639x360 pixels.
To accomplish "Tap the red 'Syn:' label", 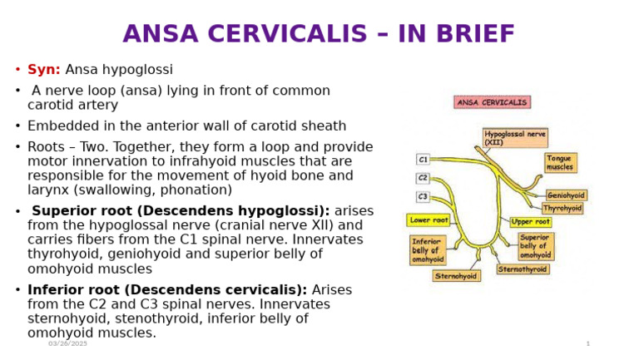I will [x=44, y=70].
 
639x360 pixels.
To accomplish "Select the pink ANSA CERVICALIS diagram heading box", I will [x=492, y=102].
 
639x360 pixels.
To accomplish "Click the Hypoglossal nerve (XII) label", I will [x=515, y=137].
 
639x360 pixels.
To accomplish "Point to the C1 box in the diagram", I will [x=423, y=159].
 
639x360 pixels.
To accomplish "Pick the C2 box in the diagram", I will [x=423, y=178].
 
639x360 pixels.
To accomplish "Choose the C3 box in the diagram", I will [x=423, y=197].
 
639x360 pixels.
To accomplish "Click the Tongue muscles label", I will [x=560, y=163].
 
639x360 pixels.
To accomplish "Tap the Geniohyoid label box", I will [x=566, y=195].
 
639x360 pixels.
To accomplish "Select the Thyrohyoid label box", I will [x=562, y=208].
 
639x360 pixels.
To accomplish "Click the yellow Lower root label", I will [x=428, y=220].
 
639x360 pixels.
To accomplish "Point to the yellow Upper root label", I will [x=530, y=222].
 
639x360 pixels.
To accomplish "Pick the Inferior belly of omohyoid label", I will [x=428, y=250].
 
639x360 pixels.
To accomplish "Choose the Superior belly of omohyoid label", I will [x=536, y=246].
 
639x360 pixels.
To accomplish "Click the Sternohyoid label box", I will [x=456, y=275].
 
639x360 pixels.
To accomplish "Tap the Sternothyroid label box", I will [x=523, y=269].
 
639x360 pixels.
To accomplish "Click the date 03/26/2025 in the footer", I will [x=67, y=343].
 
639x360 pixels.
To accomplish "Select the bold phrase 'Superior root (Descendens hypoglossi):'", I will [x=181, y=211].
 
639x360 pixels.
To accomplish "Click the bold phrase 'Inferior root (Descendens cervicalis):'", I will [x=167, y=290].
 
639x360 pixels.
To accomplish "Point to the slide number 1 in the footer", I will [x=587, y=343].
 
